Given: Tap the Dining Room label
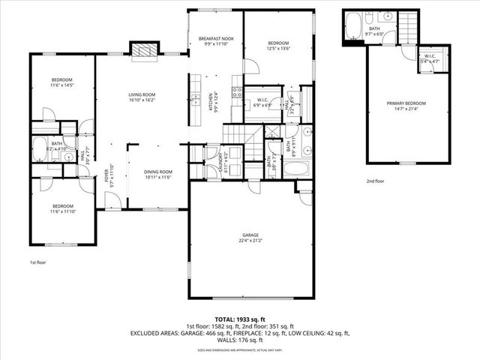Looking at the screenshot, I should (158, 175).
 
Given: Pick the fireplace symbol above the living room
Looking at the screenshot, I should (144, 50).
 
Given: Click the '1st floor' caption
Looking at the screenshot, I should (39, 262).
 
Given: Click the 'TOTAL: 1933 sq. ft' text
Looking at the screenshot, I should (239, 319).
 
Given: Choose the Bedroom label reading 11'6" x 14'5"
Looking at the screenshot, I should (61, 83).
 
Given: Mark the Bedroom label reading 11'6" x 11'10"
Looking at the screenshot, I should (62, 208).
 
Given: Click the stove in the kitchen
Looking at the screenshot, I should (237, 93).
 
